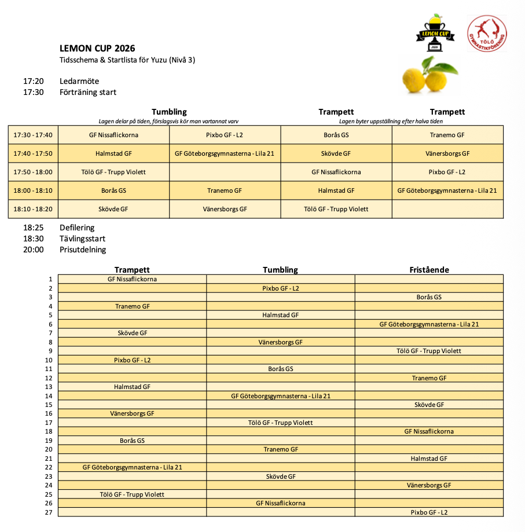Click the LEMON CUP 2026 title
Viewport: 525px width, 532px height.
[97, 49]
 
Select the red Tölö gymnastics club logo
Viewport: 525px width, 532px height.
[487, 33]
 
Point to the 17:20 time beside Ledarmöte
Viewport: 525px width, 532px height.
[34, 81]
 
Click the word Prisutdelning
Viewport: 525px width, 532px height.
[83, 250]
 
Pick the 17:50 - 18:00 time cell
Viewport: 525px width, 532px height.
[33, 172]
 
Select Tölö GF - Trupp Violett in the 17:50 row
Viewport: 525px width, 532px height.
[113, 172]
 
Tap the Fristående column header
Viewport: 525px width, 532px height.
[429, 270]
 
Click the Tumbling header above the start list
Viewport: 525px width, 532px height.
[280, 270]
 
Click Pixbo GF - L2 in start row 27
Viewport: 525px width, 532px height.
[429, 512]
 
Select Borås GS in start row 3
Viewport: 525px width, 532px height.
[429, 297]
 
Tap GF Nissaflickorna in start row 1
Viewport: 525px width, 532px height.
[132, 279]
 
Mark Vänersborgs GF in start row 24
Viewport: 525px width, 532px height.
[429, 485]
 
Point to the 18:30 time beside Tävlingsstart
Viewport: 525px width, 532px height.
[34, 239]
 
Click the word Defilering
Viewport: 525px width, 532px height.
[77, 228]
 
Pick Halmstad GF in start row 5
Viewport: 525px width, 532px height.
[280, 315]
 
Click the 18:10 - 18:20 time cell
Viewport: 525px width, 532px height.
[33, 209]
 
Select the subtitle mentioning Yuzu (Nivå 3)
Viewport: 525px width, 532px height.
[127, 60]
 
